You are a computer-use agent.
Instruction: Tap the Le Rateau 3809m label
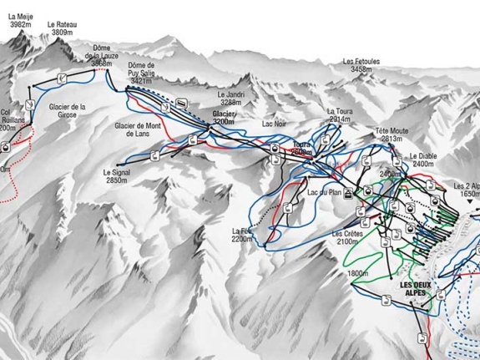pos(62,30)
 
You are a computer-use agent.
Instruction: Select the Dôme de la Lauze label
pos(102,55)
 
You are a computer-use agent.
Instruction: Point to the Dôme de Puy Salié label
pos(142,73)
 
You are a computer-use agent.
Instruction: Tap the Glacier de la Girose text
pos(68,111)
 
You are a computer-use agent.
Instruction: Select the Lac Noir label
pos(273,124)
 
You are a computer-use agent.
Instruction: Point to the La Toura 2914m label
pos(341,115)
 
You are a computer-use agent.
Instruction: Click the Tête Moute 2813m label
pos(392,135)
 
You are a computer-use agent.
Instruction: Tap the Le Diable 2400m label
pos(422,160)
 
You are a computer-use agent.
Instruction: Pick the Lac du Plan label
pos(324,193)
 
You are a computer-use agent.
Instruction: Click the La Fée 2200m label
pos(242,235)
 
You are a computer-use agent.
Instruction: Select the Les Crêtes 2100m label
pos(348,237)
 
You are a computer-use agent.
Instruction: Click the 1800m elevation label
pos(359,273)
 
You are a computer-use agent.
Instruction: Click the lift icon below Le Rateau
pos(62,78)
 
